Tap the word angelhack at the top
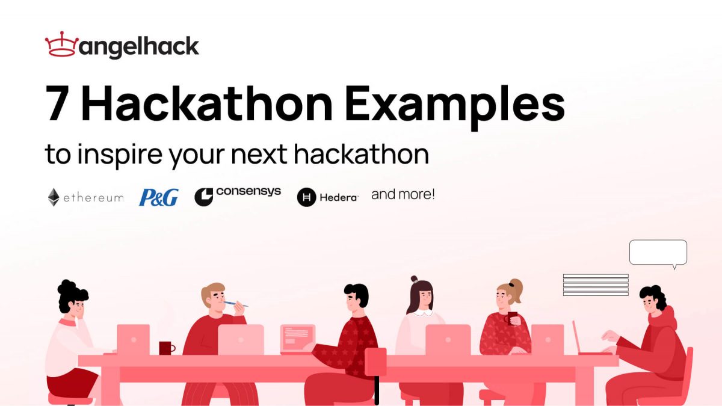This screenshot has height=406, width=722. (x=139, y=47)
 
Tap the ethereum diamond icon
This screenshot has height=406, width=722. (x=54, y=197)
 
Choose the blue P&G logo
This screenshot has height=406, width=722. (x=158, y=197)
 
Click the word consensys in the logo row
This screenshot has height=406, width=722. (x=248, y=192)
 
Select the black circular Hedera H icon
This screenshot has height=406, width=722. (x=307, y=197)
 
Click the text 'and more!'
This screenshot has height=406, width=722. (x=403, y=194)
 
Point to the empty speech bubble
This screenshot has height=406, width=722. (x=658, y=253)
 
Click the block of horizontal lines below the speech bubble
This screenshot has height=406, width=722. (x=596, y=285)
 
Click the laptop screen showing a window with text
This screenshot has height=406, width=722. (x=297, y=337)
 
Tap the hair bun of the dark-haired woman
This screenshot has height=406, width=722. (x=414, y=279)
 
